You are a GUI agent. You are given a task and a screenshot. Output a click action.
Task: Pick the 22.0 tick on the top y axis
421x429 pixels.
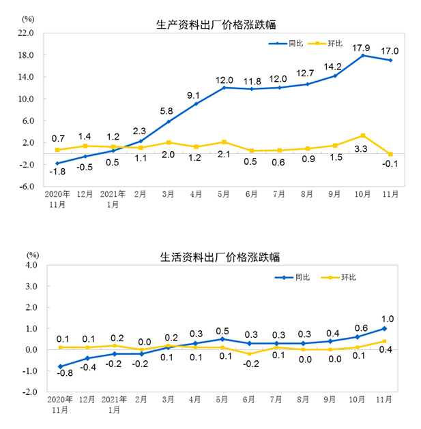pyautogui.click(x=27, y=33)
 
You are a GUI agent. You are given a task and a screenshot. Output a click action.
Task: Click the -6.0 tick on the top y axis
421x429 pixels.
pyautogui.click(x=27, y=186)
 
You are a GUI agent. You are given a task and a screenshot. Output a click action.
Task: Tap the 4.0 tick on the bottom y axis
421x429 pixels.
pyautogui.click(x=30, y=265)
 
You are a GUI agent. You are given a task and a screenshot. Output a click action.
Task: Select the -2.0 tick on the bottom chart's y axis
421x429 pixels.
pyautogui.click(x=29, y=392)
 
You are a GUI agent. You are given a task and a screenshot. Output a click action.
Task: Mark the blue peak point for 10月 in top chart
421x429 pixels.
pyautogui.click(x=363, y=55)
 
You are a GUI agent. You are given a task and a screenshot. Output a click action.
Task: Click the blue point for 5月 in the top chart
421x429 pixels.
pyautogui.click(x=224, y=87)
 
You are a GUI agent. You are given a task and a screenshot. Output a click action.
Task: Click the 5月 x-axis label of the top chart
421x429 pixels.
pyautogui.click(x=223, y=194)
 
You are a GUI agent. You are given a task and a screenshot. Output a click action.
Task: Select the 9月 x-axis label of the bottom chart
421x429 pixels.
pyautogui.click(x=334, y=400)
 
